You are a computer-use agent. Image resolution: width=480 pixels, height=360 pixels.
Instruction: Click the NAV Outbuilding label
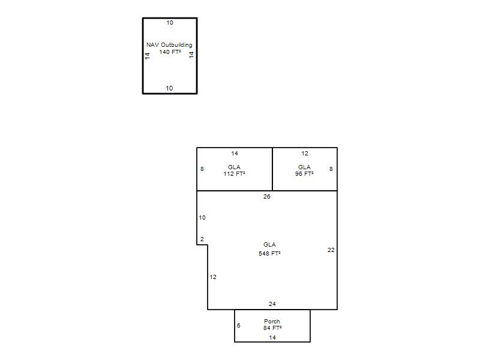pyautogui.click(x=169, y=45)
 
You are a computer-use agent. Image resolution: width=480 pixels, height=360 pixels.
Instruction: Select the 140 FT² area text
pyautogui.click(x=170, y=52)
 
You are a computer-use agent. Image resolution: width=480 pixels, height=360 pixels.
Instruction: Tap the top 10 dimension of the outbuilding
pyautogui.click(x=170, y=23)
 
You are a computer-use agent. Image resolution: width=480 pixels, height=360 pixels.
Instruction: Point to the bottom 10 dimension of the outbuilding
pyautogui.click(x=169, y=88)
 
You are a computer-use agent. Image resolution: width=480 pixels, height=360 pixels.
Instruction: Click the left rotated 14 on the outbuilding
pyautogui.click(x=148, y=56)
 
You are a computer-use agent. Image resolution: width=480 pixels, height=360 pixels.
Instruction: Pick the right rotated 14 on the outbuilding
pyautogui.click(x=191, y=55)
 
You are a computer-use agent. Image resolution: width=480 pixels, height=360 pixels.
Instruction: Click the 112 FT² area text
pyautogui.click(x=234, y=174)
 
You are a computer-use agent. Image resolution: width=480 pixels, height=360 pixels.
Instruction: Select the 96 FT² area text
pyautogui.click(x=304, y=174)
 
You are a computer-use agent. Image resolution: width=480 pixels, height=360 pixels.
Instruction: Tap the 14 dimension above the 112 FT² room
pyautogui.click(x=235, y=154)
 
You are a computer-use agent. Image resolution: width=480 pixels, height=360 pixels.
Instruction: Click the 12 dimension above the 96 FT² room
pyautogui.click(x=305, y=154)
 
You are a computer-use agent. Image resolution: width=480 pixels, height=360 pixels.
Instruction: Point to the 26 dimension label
pyautogui.click(x=266, y=197)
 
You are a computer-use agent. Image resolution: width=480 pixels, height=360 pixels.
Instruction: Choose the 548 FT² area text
pyautogui.click(x=269, y=253)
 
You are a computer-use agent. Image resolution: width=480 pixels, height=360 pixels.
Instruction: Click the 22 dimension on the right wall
pyautogui.click(x=331, y=250)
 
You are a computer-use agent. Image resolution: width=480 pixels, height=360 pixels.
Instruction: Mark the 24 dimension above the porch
pyautogui.click(x=272, y=304)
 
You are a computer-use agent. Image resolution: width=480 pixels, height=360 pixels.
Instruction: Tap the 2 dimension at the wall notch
pyautogui.click(x=202, y=239)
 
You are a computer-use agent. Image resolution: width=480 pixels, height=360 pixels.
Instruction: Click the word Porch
pyautogui.click(x=272, y=322)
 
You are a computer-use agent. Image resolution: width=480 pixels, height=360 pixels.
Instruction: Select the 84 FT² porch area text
pyautogui.click(x=272, y=328)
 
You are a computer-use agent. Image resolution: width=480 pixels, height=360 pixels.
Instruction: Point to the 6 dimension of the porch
pyautogui.click(x=238, y=325)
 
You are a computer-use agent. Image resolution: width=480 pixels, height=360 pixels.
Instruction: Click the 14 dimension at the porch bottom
pyautogui.click(x=272, y=338)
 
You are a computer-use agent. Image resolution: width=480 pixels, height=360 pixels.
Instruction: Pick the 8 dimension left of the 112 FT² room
pyautogui.click(x=202, y=169)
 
